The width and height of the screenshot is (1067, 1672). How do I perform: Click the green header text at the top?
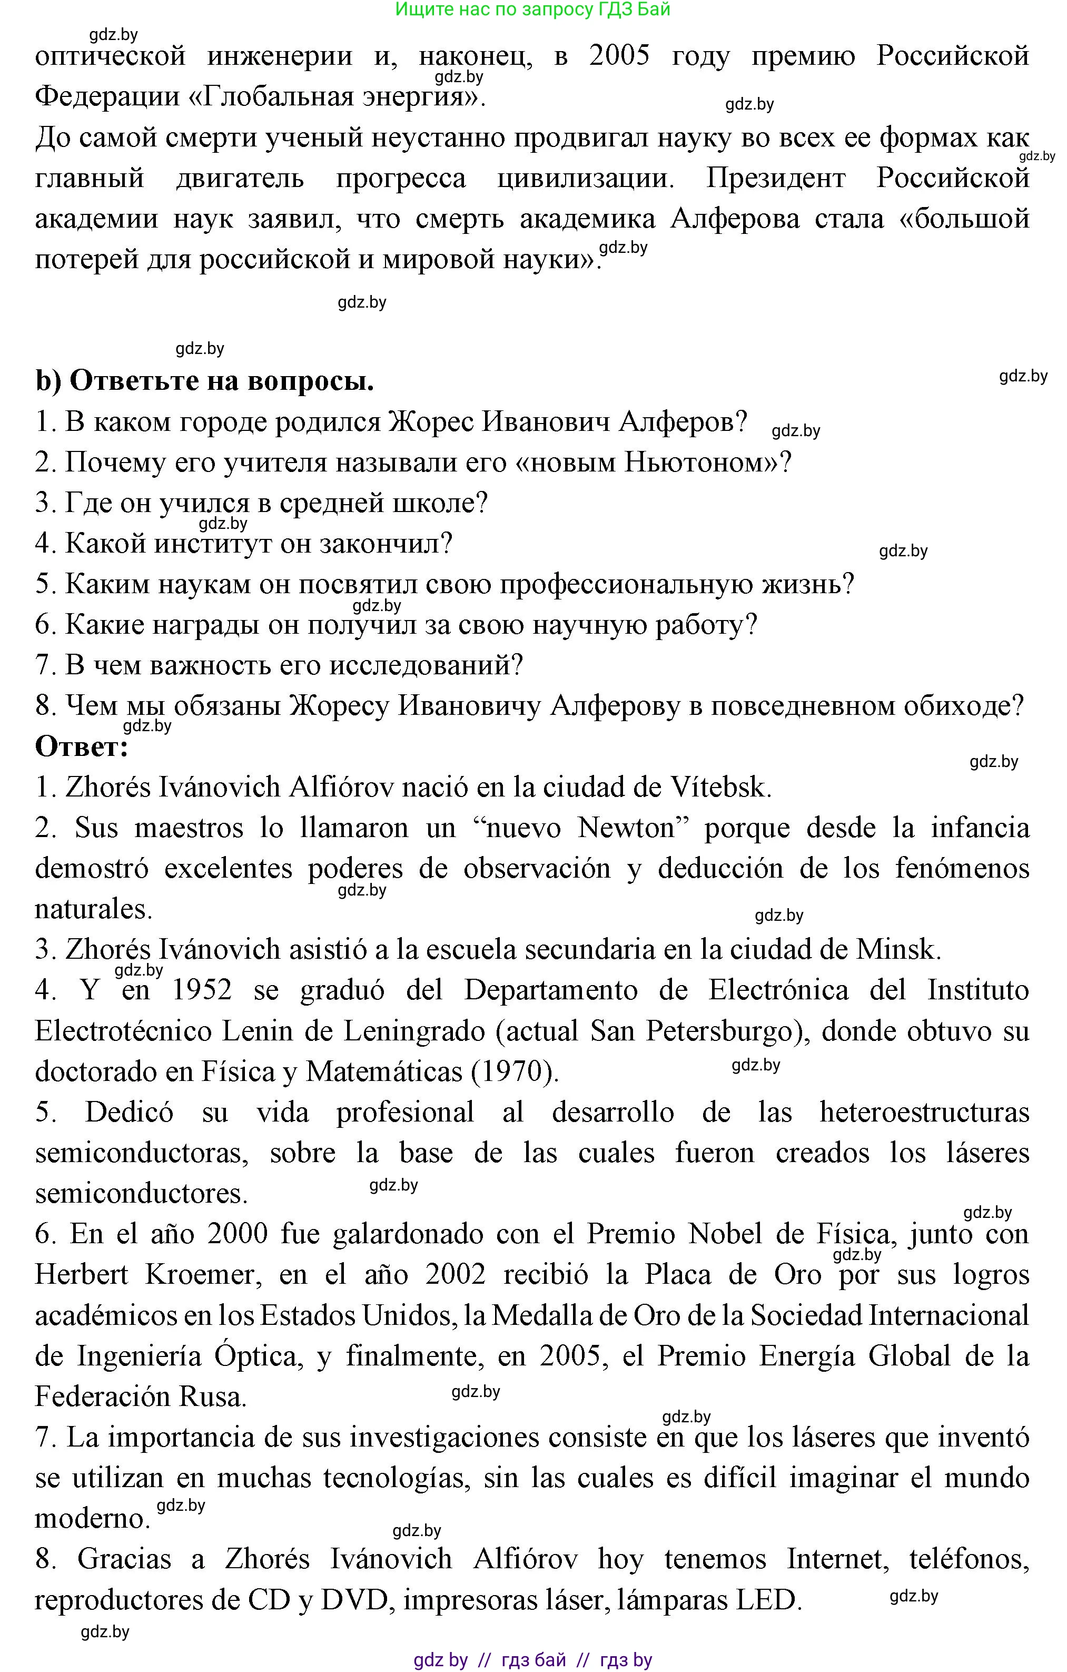[x=532, y=9]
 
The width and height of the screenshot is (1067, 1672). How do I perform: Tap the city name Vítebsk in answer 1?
[x=720, y=788]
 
